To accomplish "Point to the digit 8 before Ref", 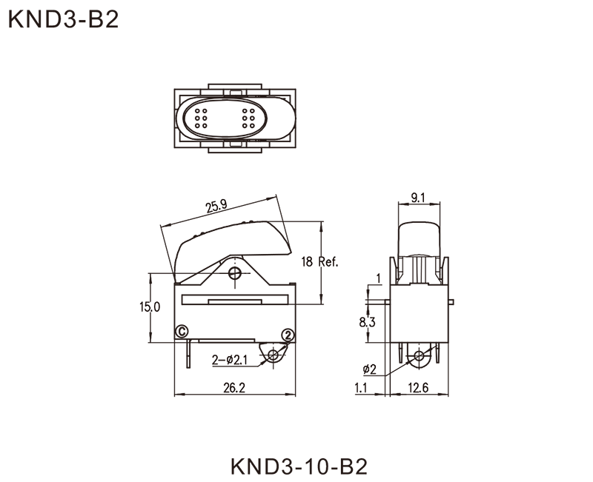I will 310,262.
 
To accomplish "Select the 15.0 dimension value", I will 153,307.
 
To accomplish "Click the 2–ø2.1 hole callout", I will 230,360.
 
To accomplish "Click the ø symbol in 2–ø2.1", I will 232,360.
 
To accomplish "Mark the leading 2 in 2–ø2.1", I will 216,360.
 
